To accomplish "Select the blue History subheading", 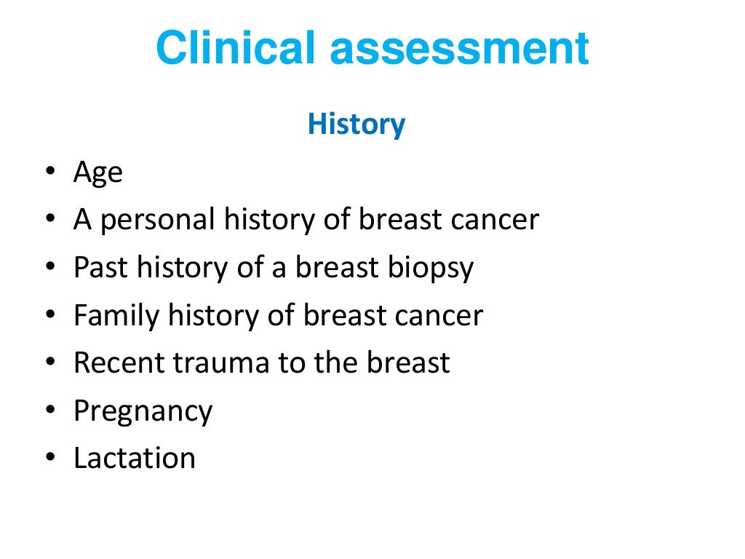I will [x=356, y=124].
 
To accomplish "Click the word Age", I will [x=98, y=175].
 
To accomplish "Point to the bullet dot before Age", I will [x=49, y=173].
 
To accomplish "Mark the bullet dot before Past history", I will [x=49, y=268].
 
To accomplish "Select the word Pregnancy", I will [x=143, y=411].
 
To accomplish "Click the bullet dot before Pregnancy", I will [x=49, y=410].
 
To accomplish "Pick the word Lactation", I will [x=135, y=458].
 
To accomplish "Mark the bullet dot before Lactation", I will [x=49, y=458].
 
